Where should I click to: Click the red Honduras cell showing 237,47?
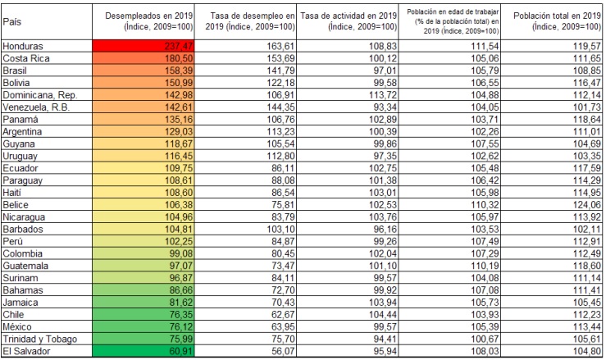tap(148, 47)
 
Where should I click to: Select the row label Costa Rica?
tap(26, 59)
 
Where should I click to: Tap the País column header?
tap(12, 21)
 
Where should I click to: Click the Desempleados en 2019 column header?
tap(148, 21)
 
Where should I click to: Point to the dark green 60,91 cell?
tap(148, 352)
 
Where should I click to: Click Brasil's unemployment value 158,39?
tap(148, 71)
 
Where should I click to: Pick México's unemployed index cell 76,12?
tap(148, 327)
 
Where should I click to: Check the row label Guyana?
tap(21, 144)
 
